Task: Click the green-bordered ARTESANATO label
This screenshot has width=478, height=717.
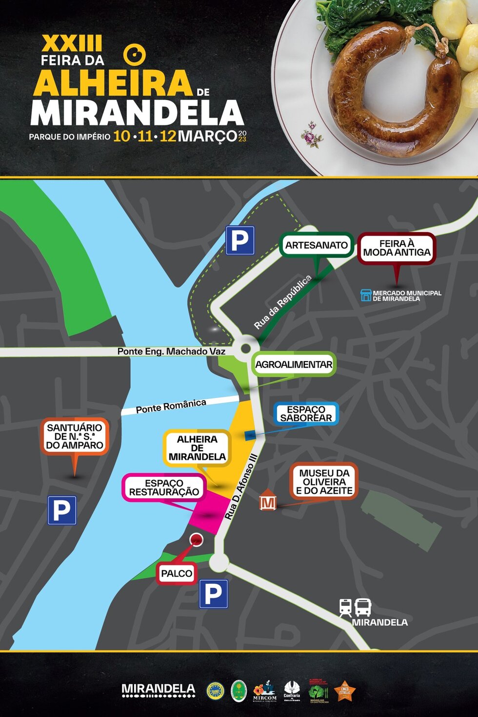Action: pos(316,245)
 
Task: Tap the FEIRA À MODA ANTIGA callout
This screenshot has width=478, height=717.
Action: pos(396,248)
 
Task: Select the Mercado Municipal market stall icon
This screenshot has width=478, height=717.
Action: pos(366,295)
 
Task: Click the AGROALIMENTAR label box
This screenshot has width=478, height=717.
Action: pos(294,364)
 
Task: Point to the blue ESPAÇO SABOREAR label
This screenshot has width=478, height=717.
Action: pos(306,414)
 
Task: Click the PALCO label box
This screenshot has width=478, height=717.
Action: pos(177,573)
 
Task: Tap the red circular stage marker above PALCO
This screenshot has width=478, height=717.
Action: pos(197,539)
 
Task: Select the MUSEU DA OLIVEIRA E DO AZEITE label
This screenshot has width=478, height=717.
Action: pos(324,482)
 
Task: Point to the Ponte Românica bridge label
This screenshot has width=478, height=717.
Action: pos(171,406)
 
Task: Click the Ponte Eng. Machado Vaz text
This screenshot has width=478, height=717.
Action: pos(171,351)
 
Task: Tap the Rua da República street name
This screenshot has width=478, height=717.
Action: pos(282,302)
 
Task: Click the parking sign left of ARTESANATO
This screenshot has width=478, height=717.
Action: pos(240,241)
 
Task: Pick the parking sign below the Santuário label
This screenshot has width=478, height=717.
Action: pos(62,510)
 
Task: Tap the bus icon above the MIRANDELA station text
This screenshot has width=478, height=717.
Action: pos(363,607)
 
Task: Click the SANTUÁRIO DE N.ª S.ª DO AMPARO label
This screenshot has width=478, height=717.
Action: pos(74,436)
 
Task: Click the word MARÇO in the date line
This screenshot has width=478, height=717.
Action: pos(207,136)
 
